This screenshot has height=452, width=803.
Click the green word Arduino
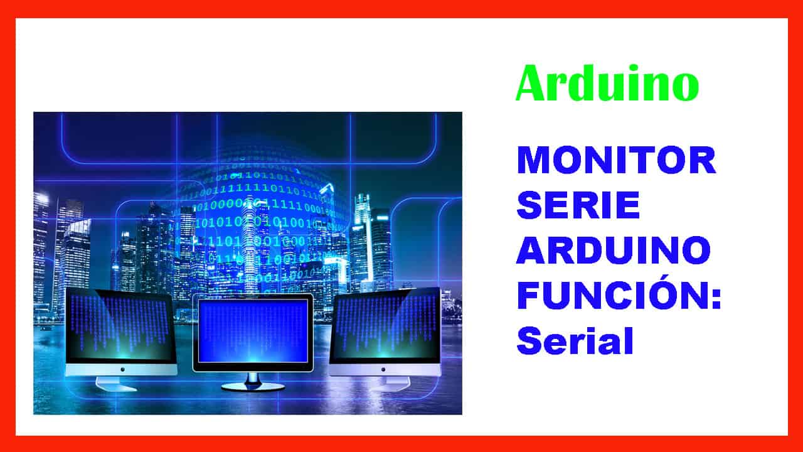pos(607,84)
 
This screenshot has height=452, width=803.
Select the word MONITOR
pos(616,161)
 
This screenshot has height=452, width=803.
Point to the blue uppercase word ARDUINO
pos(614,250)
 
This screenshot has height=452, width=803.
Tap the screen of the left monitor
pos(119,325)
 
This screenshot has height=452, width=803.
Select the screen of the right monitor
pos(386,325)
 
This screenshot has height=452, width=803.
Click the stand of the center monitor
pos(252,380)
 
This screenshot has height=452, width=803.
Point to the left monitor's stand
pos(117,382)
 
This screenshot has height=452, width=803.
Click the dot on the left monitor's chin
pos(122,369)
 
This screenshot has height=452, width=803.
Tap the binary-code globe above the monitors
pos(263,213)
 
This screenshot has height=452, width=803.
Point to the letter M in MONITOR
pos(533,161)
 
